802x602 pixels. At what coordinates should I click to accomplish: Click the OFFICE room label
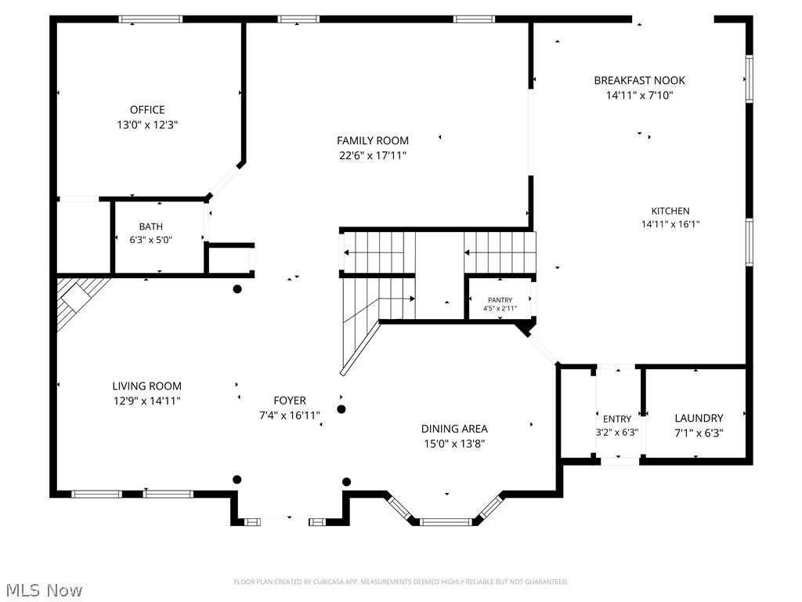(147, 110)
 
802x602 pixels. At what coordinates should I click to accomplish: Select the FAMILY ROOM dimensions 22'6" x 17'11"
(373, 155)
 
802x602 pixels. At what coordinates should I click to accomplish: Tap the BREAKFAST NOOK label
(639, 80)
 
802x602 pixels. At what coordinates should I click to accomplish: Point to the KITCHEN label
(670, 210)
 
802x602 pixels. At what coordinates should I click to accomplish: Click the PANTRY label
(500, 300)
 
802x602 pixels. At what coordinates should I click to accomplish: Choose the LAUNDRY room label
(699, 418)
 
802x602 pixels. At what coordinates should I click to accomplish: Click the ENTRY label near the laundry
(616, 419)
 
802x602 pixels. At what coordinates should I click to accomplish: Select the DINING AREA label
(454, 428)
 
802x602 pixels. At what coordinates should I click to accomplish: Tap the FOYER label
(290, 401)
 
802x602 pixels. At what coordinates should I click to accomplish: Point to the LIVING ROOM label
(146, 386)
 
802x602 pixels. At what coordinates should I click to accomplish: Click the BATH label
(151, 227)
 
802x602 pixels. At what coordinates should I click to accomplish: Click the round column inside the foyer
(341, 409)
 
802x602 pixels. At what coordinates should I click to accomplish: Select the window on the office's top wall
(150, 19)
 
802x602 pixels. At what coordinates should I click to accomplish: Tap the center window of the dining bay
(446, 520)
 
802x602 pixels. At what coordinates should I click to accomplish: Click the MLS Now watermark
(43, 589)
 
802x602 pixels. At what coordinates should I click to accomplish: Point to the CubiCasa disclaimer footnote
(401, 582)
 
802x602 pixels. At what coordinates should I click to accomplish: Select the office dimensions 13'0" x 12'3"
(147, 125)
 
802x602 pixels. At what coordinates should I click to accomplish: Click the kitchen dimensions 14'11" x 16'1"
(670, 224)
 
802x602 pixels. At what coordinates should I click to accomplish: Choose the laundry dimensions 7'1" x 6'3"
(699, 432)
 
